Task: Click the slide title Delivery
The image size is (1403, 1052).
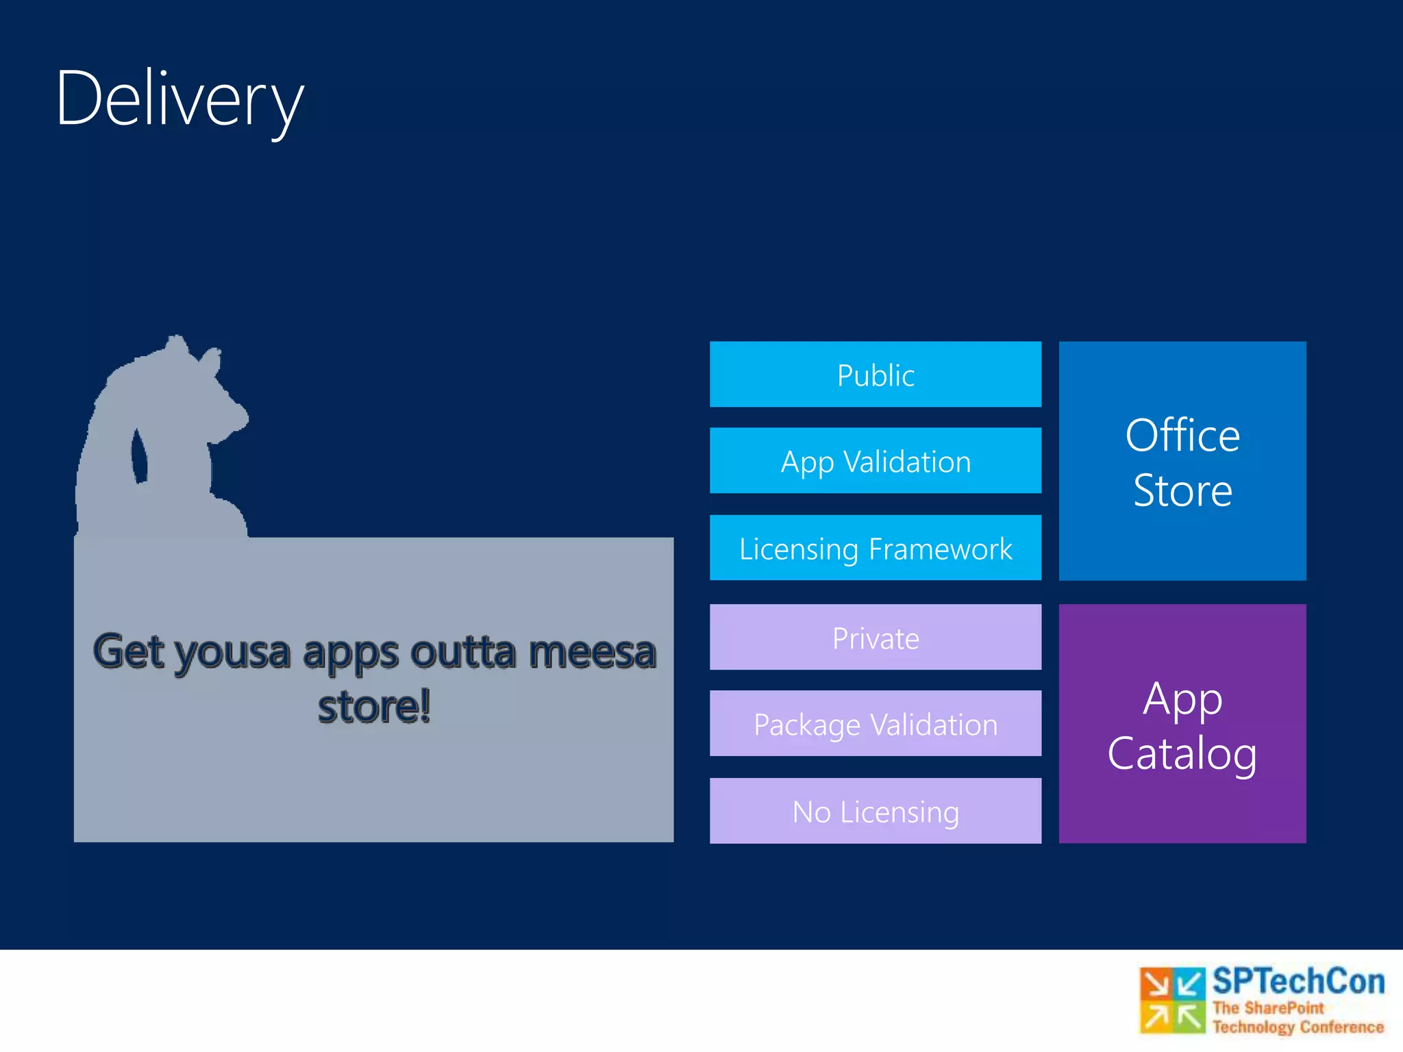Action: click(179, 99)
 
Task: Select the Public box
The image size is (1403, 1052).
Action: click(876, 375)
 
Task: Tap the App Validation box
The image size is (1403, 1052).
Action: click(876, 461)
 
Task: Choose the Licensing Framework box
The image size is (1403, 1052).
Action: click(876, 548)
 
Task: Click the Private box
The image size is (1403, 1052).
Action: click(876, 638)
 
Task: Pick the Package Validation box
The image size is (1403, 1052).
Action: click(876, 724)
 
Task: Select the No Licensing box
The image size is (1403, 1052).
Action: click(876, 811)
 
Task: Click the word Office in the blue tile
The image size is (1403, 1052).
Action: click(1182, 436)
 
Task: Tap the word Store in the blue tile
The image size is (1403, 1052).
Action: click(1182, 490)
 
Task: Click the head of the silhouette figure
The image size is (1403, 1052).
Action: click(199, 390)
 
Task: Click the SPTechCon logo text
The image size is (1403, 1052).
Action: click(1298, 981)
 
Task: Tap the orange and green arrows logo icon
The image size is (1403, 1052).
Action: click(1172, 1000)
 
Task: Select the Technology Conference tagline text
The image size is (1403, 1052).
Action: click(1298, 1027)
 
